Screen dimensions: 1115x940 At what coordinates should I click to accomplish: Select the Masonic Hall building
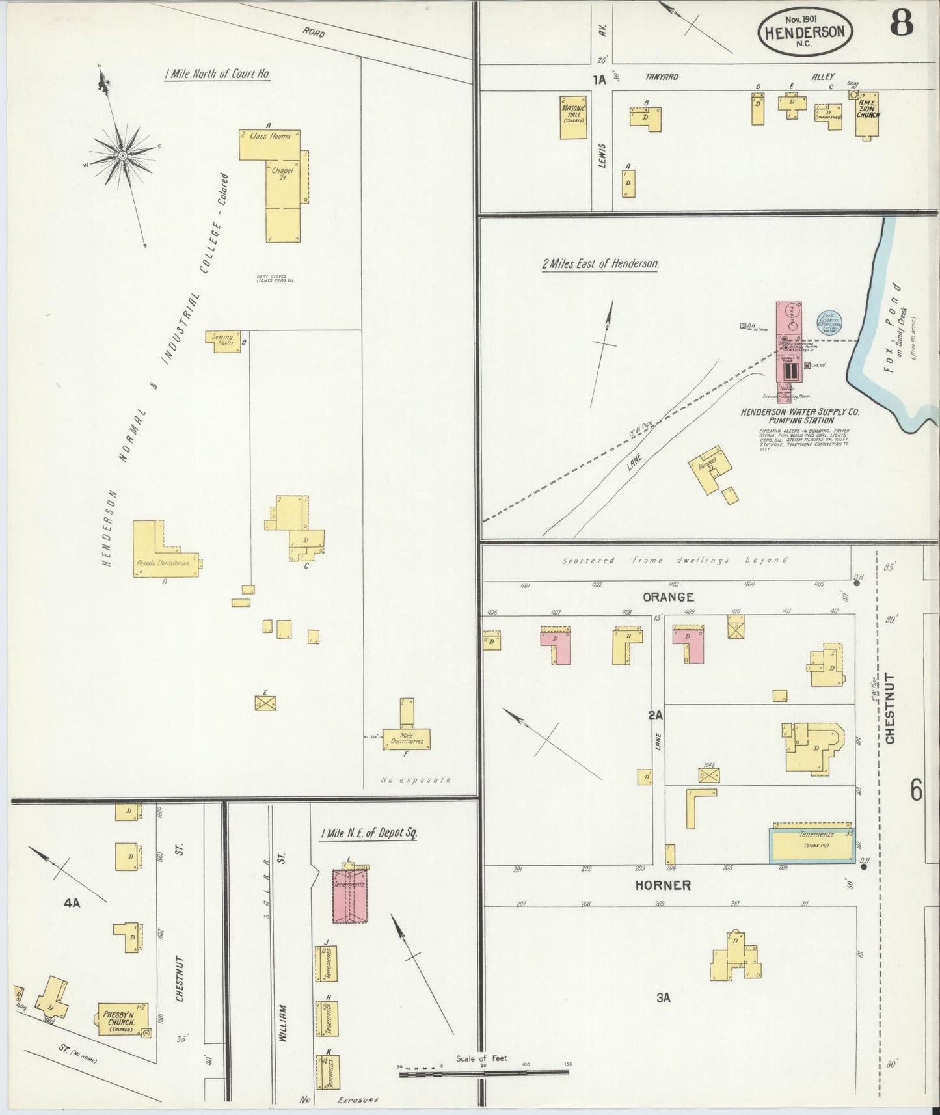(573, 118)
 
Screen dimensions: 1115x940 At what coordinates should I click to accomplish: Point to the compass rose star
(122, 157)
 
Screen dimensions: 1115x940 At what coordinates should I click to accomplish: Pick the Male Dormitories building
(407, 738)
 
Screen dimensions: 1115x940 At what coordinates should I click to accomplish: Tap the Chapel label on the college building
(283, 171)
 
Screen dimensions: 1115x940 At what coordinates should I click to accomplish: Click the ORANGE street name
(668, 597)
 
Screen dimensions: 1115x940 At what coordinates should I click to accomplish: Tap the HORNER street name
(664, 885)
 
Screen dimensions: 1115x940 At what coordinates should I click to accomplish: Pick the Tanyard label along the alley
(662, 77)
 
